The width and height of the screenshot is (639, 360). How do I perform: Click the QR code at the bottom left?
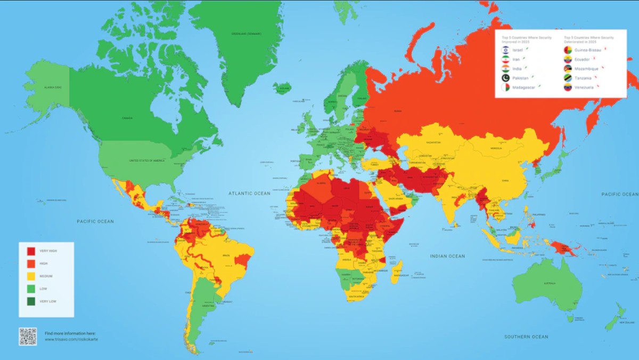point(28,336)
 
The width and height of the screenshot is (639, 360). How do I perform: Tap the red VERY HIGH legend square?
point(31,251)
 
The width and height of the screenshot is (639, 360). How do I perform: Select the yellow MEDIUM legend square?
point(31,276)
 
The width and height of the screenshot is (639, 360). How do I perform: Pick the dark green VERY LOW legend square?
point(31,301)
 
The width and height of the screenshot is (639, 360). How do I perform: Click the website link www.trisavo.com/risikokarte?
point(71,339)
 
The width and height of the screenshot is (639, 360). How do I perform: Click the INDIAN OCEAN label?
point(447,256)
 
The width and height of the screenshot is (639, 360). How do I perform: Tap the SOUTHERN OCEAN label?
point(526,337)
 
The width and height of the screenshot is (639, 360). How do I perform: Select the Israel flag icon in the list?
point(504,49)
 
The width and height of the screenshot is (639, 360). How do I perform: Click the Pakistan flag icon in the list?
point(504,78)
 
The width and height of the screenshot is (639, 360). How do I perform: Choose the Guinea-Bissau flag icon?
point(568,49)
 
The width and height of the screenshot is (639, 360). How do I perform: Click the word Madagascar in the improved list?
point(524,87)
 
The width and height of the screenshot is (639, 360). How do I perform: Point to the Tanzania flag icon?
point(568,78)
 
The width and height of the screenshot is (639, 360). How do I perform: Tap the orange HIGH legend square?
point(31,263)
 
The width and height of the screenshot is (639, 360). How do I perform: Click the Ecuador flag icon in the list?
point(568,59)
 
